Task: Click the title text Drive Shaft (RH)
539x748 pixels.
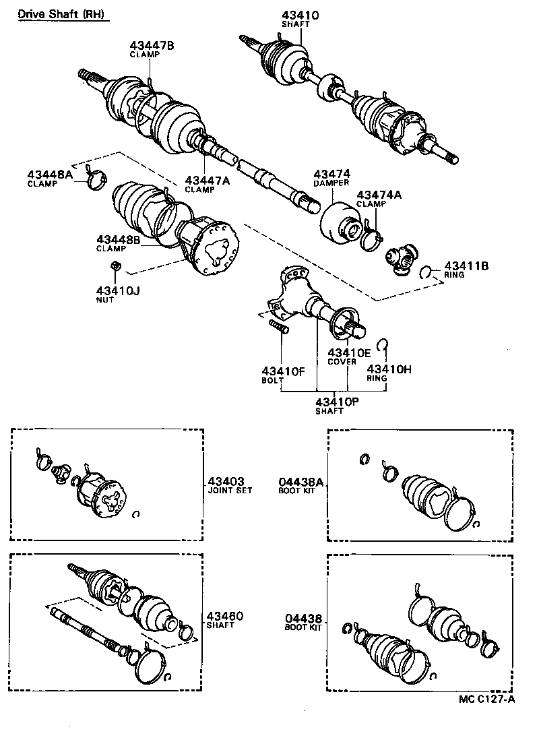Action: click(x=61, y=14)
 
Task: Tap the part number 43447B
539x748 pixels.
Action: click(x=152, y=46)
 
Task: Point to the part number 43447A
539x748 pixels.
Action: click(x=208, y=181)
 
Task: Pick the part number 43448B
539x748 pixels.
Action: click(x=118, y=239)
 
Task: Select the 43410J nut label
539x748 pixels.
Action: click(x=118, y=290)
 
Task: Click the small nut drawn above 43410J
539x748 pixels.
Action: click(x=116, y=266)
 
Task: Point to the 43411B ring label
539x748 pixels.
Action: click(x=466, y=266)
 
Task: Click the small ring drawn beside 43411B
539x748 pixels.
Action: click(x=426, y=272)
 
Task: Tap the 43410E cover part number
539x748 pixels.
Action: click(x=349, y=352)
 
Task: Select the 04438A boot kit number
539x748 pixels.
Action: click(x=301, y=481)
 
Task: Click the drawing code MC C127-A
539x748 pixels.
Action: click(x=487, y=699)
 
